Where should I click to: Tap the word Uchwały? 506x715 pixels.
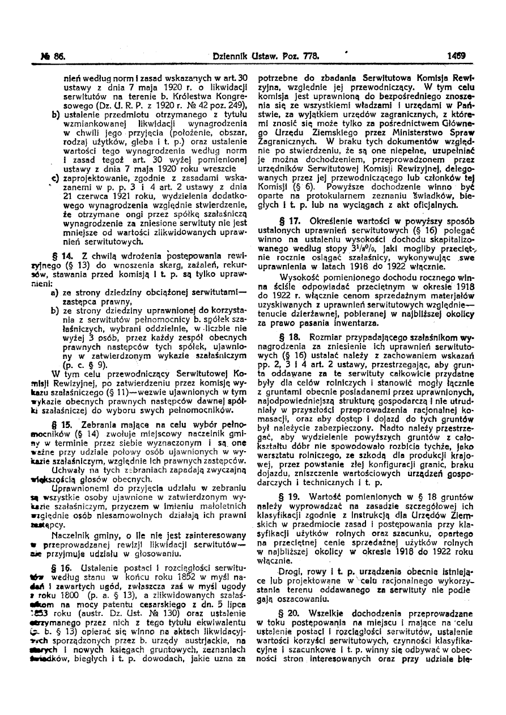pyautogui.click(x=84, y=469)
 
